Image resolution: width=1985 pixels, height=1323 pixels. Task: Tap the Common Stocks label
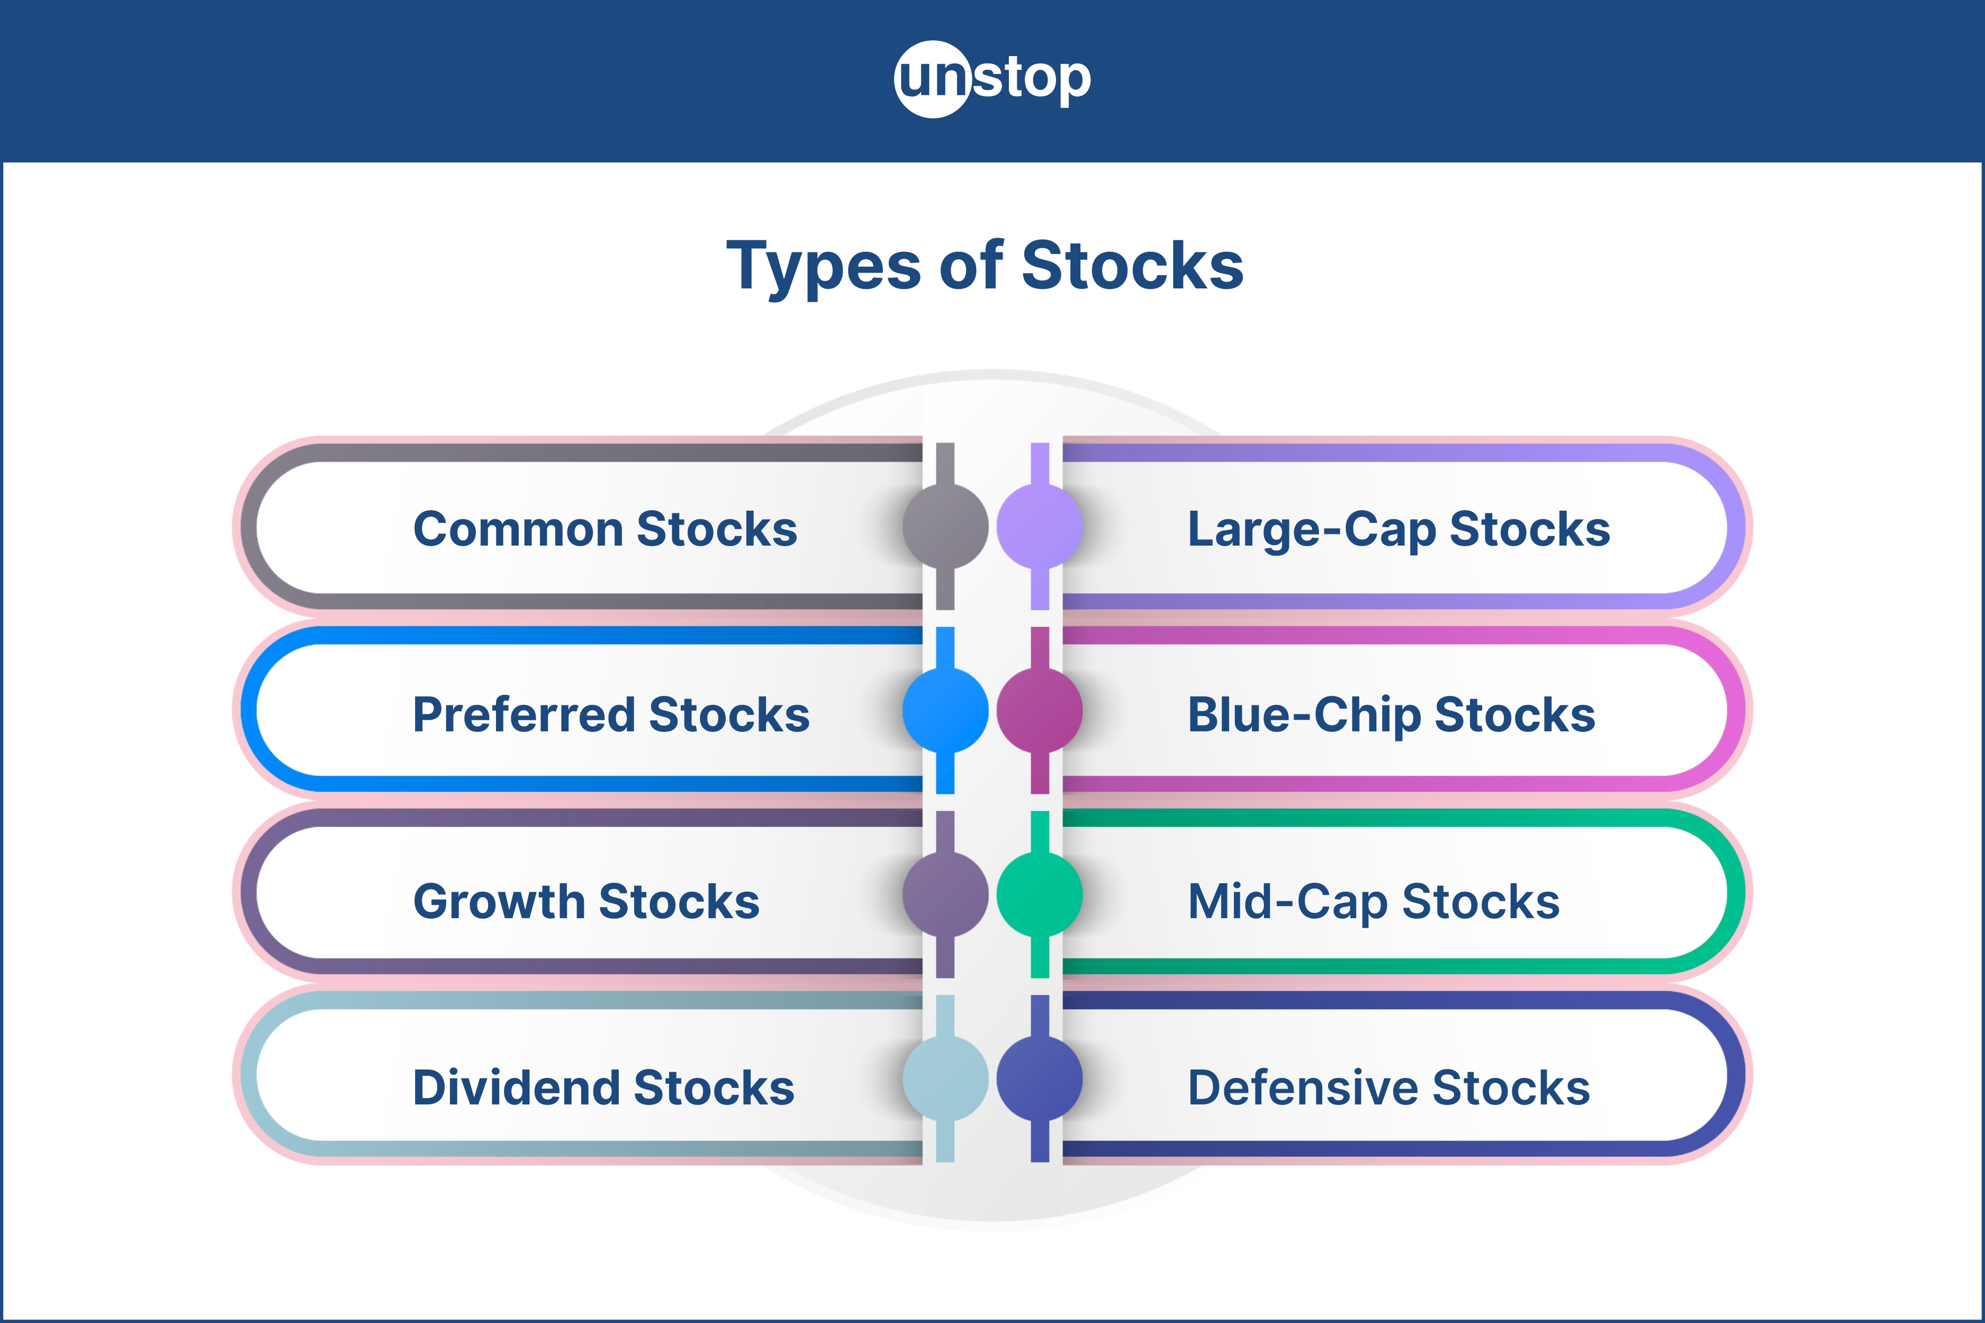(x=605, y=529)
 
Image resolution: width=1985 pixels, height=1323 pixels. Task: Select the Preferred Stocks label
(x=611, y=714)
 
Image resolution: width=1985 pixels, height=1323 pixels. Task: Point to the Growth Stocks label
(x=587, y=901)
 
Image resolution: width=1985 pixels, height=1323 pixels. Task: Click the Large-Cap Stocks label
(x=1398, y=529)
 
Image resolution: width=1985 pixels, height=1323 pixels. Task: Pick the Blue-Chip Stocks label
(x=1391, y=714)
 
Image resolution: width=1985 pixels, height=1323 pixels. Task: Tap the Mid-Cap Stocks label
(x=1373, y=901)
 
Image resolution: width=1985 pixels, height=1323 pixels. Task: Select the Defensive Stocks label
(x=1388, y=1087)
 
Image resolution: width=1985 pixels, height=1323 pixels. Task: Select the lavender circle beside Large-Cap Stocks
(x=1040, y=527)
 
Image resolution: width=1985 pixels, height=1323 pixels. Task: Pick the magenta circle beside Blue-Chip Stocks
(x=1040, y=710)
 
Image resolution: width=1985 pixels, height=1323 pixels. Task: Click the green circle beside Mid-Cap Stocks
(x=1040, y=894)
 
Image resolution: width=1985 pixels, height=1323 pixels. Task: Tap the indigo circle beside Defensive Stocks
(x=1040, y=1079)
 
